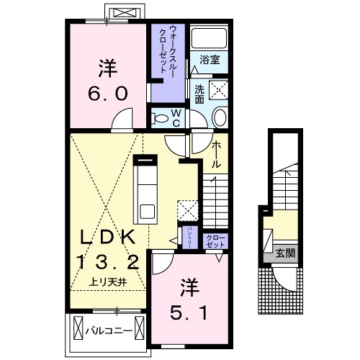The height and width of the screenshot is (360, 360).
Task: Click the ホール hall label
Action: (x=216, y=155)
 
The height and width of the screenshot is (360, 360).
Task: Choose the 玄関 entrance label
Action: (x=285, y=253)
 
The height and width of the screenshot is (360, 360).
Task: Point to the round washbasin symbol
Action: (x=220, y=118)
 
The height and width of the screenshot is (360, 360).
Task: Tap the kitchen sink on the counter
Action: (x=147, y=211)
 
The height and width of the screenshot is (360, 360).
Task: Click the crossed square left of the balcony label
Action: (x=76, y=333)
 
